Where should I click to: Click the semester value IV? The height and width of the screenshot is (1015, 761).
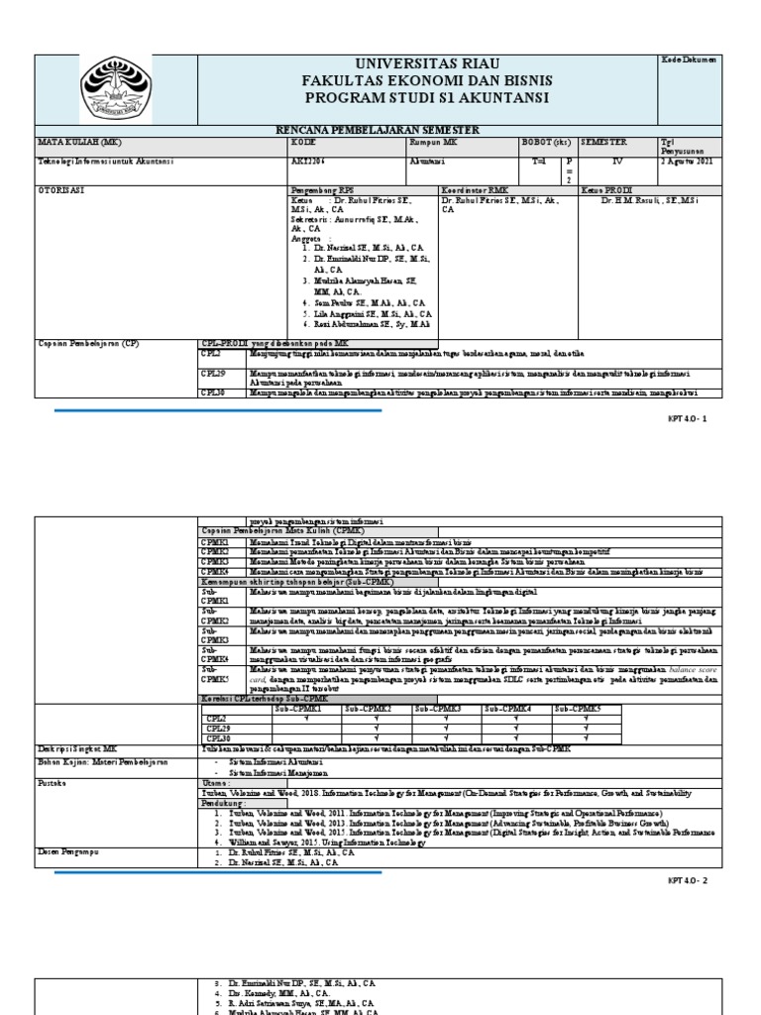click(617, 161)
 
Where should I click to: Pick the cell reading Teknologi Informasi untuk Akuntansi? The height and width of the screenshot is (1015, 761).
click(100, 161)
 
